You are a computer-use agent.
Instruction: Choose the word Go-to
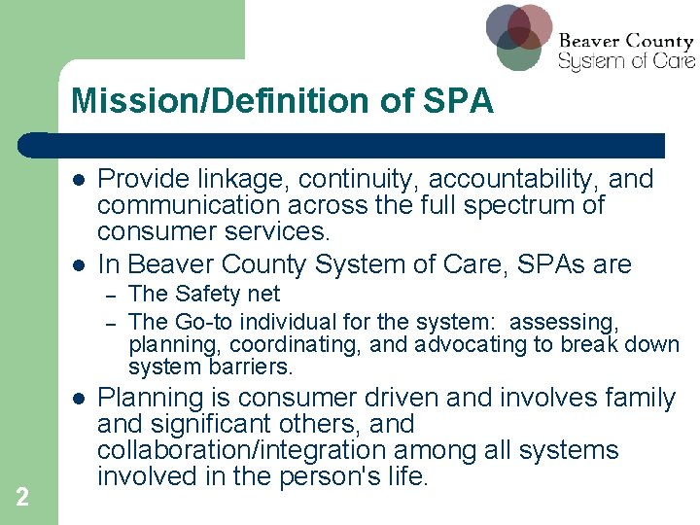(x=202, y=322)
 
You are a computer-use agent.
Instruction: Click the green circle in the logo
(x=519, y=51)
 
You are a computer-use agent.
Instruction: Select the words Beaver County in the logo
(x=626, y=42)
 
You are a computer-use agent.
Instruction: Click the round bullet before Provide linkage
(x=79, y=181)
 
